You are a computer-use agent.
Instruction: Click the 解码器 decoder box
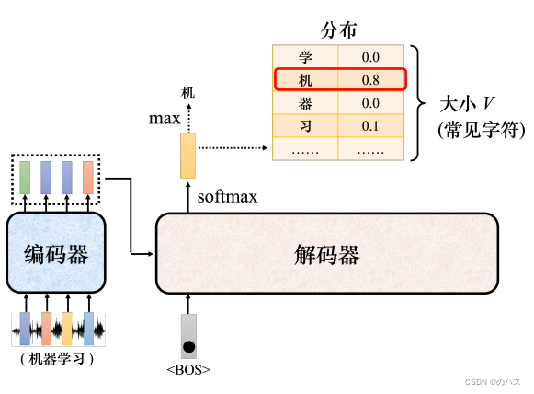(x=326, y=253)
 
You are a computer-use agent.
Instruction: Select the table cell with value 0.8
(x=370, y=80)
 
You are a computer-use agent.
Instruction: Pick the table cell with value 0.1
(x=370, y=125)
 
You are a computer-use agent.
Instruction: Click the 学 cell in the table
(x=306, y=58)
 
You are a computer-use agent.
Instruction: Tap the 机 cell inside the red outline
(x=306, y=80)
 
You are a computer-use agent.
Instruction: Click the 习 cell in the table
(x=306, y=125)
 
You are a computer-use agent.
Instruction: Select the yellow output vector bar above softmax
(x=187, y=156)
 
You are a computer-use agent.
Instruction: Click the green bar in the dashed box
(x=25, y=178)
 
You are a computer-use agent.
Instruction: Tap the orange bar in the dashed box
(x=88, y=178)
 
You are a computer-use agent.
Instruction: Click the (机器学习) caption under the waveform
(x=57, y=358)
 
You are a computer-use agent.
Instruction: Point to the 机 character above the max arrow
(x=187, y=92)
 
